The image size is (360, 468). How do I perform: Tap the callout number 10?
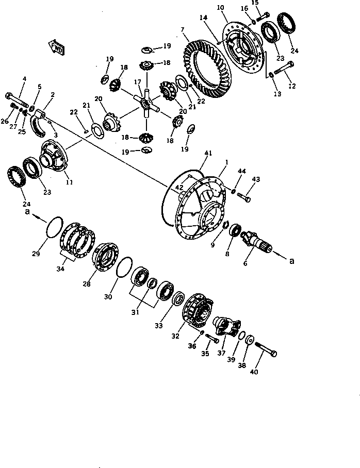pyautogui.click(x=221, y=8)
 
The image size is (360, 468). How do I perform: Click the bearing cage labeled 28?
pyautogui.click(x=106, y=256)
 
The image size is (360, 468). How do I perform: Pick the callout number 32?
pyautogui.click(x=175, y=336)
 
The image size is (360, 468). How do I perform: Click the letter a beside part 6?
pyautogui.click(x=292, y=261)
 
